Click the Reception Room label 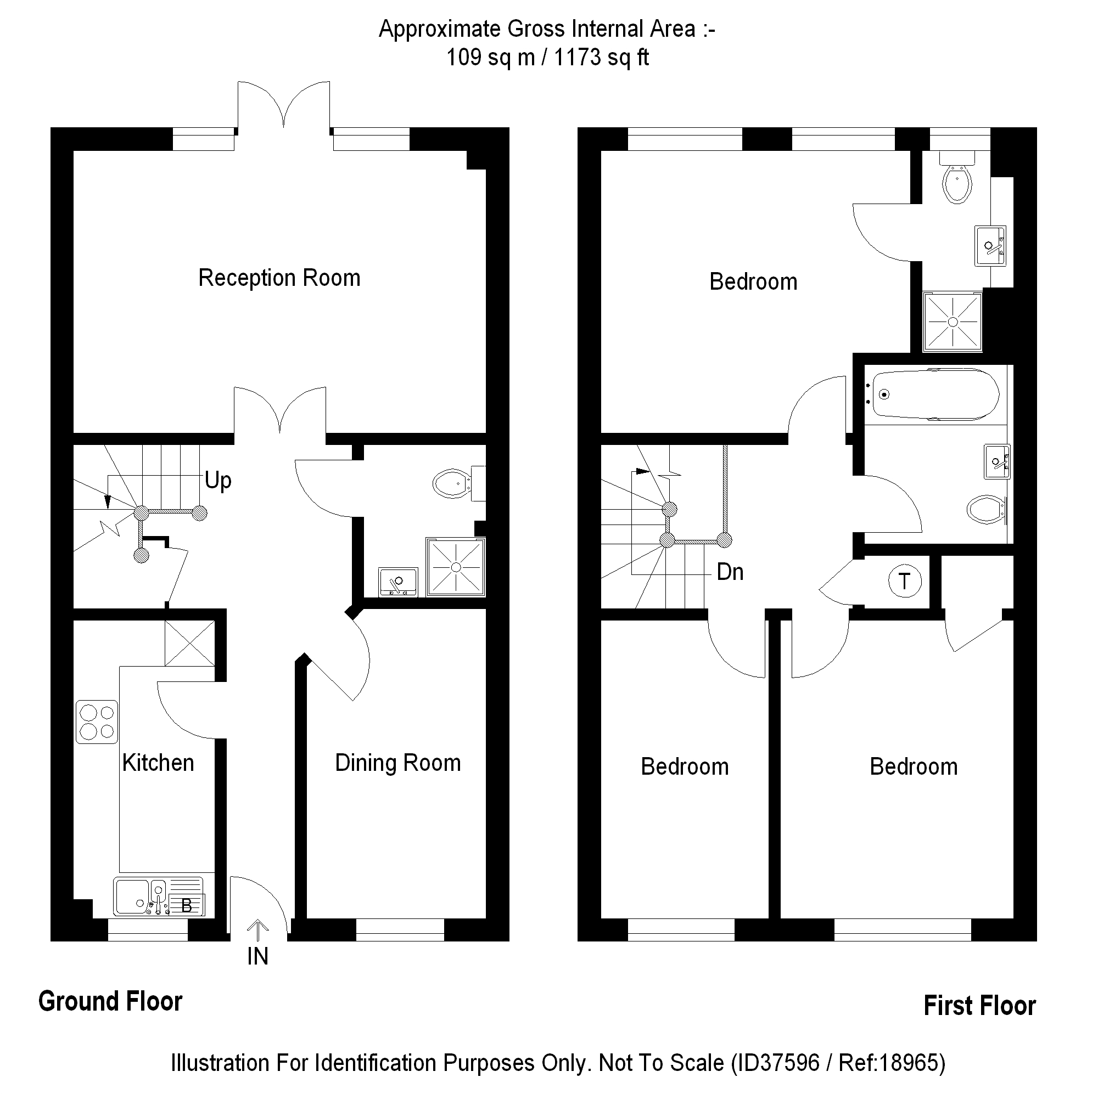point(279,278)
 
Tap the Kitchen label point(158,763)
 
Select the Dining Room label point(398,763)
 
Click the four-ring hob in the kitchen point(97,722)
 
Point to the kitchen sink point(132,897)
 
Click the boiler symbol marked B point(186,905)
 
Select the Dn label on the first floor point(730,572)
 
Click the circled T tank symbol point(904,581)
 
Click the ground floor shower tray point(456,567)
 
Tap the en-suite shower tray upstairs point(953,322)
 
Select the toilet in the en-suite point(957,181)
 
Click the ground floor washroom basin point(398,582)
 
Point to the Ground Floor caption point(110,1001)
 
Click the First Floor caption point(979,1005)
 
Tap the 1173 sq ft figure point(601,58)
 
